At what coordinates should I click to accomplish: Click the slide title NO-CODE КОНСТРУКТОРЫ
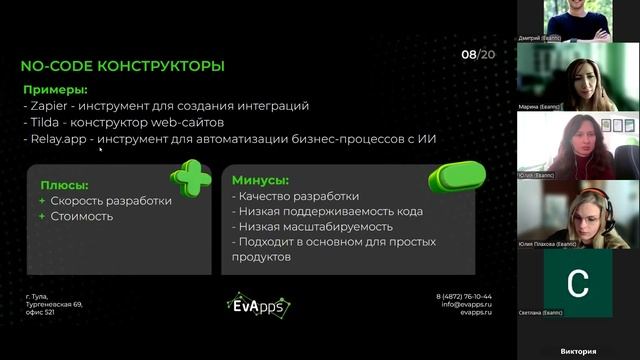tap(123, 67)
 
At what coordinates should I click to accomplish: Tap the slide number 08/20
tap(478, 54)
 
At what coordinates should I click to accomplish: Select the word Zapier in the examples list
tap(49, 105)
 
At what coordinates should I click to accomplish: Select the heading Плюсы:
tap(64, 185)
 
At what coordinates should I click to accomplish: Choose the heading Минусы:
tap(260, 181)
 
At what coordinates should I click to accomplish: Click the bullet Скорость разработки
tap(112, 201)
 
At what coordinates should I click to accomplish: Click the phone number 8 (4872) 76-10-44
tap(464, 297)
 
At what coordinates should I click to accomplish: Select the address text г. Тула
tap(37, 297)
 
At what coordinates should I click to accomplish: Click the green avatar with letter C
tap(578, 283)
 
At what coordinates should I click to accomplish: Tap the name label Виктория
tap(578, 351)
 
